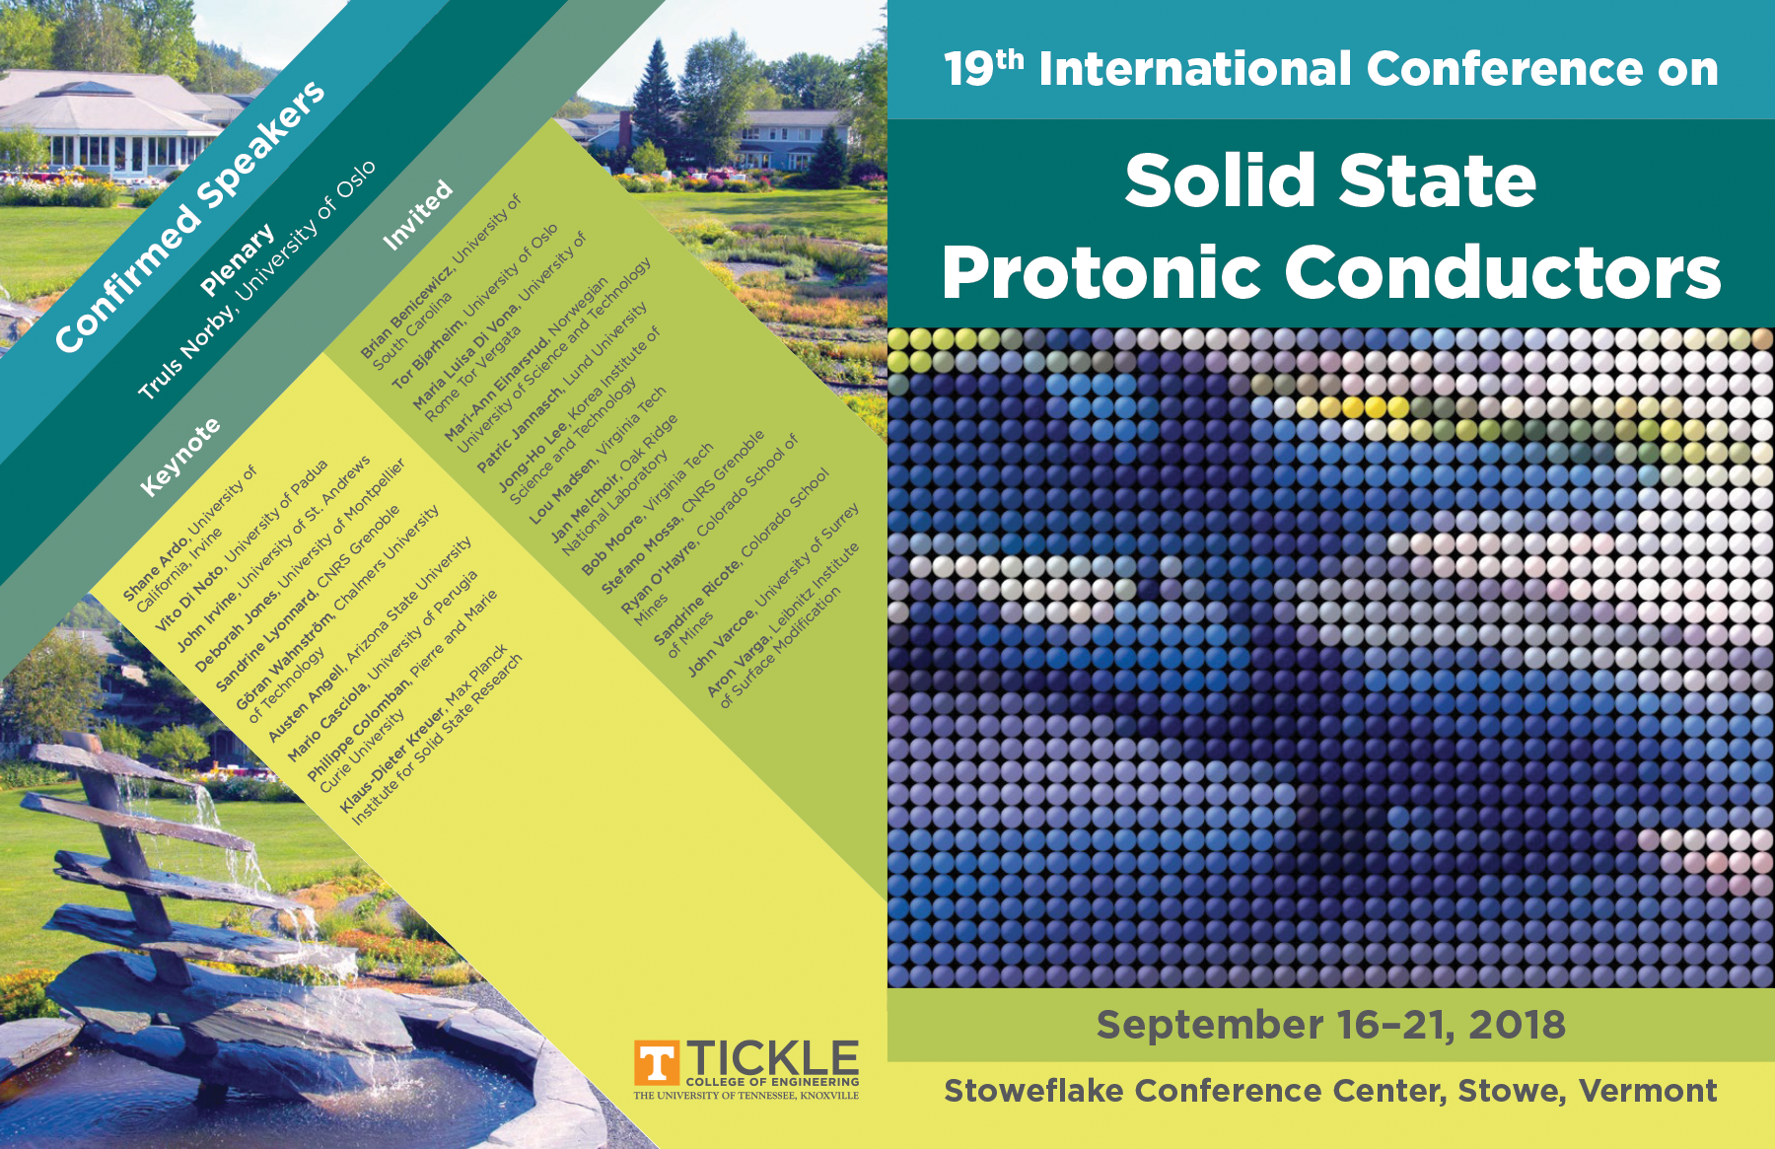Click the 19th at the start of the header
tap(983, 67)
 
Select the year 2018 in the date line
tap(1517, 1025)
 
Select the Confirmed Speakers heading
tap(189, 216)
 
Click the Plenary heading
tap(237, 260)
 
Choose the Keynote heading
tap(179, 458)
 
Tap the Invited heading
tap(417, 215)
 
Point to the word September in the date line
tap(1209, 1026)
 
